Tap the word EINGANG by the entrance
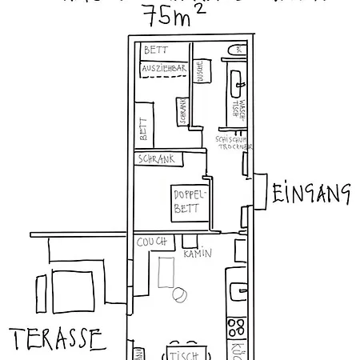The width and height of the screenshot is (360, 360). click(312, 193)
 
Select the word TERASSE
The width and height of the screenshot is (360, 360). click(58, 338)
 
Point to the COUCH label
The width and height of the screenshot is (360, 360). click(151, 242)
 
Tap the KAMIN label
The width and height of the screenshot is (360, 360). click(197, 254)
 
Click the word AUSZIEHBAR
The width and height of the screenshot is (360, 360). click(163, 69)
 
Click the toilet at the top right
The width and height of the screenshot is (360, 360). click(238, 52)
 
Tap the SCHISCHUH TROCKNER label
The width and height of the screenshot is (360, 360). click(234, 143)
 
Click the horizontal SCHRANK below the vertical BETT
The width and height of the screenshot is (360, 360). click(158, 158)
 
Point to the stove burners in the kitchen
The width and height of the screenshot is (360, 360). click(237, 326)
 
